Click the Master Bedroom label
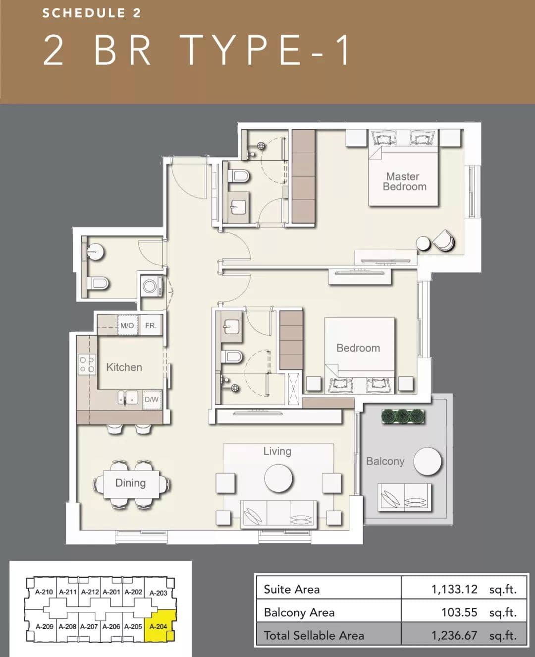coord(404,181)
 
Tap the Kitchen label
coord(124,367)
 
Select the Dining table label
coord(130,483)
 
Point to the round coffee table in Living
coord(278,478)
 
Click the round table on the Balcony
coord(427,462)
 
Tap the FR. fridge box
coord(151,325)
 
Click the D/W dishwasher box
coord(152,400)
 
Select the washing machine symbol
coord(151,286)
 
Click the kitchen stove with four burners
coord(87,364)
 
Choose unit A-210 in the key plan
coord(44,592)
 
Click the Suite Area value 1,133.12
coord(454,590)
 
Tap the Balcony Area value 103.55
coord(459,612)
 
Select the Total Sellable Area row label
coord(314,635)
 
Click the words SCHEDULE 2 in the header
coord(92,13)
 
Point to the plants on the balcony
coord(403,417)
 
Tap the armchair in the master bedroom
coord(444,240)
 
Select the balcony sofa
coord(404,497)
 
